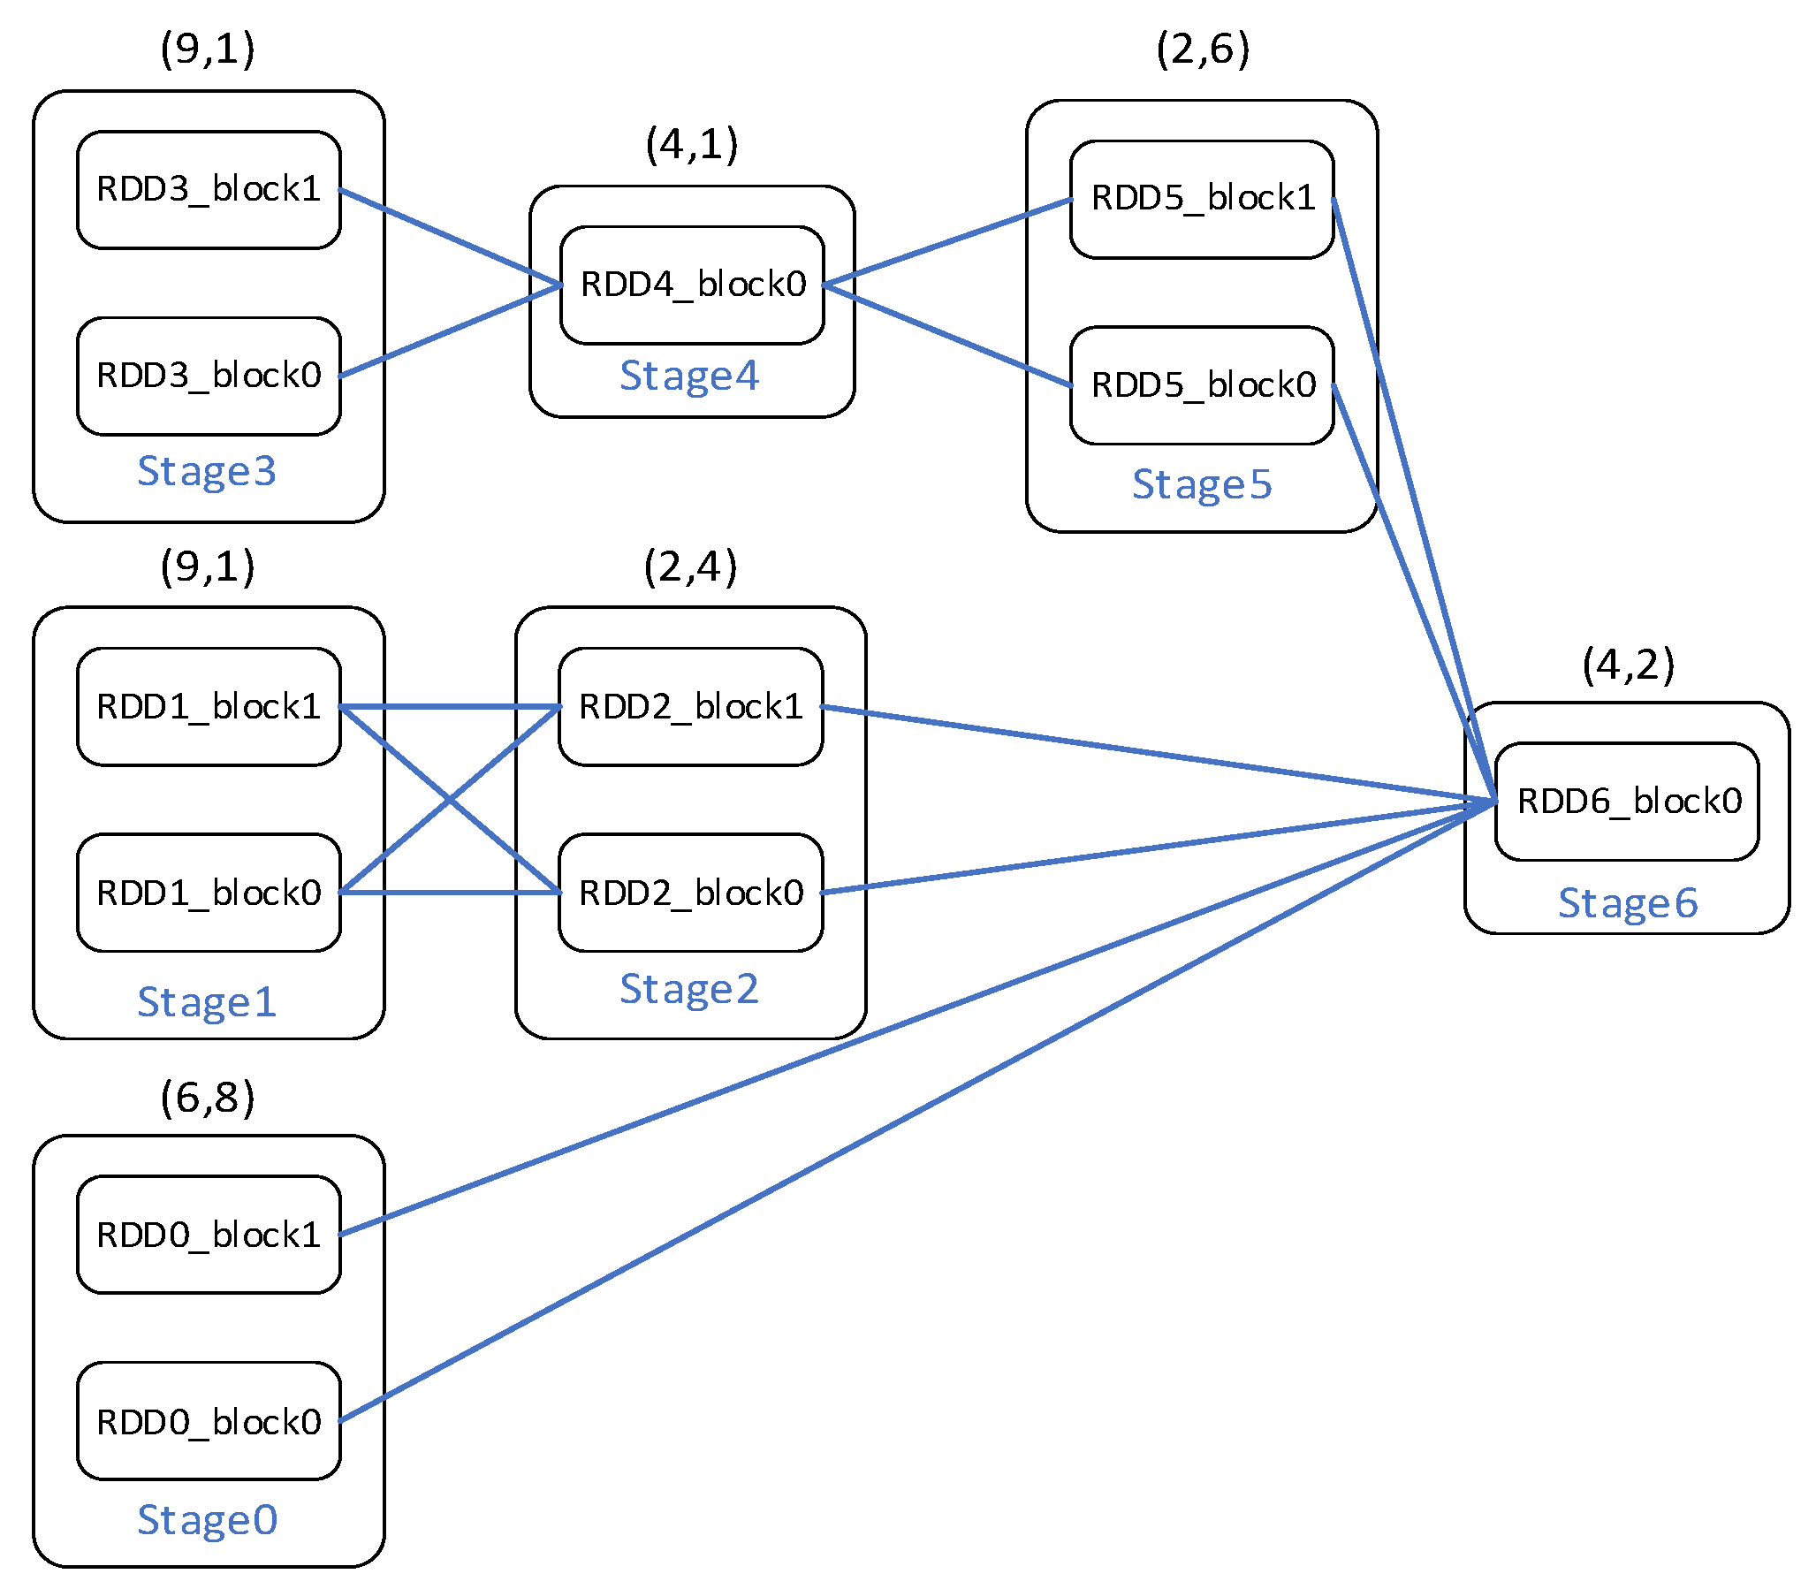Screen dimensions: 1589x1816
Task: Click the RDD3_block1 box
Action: [x=209, y=190]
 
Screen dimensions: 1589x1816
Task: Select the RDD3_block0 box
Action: [x=209, y=376]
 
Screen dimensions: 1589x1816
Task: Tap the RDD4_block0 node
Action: [x=693, y=285]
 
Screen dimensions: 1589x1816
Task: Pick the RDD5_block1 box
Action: [x=1202, y=199]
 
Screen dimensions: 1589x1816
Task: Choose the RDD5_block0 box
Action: [x=1202, y=384]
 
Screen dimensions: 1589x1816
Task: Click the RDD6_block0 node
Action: [x=1627, y=802]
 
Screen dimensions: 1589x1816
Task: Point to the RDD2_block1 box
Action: [x=691, y=707]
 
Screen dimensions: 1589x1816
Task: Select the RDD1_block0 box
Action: [x=209, y=893]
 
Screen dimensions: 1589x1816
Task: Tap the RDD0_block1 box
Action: [x=209, y=1235]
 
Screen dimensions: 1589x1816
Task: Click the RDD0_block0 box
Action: [x=209, y=1420]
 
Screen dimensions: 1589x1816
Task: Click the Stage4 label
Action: [x=689, y=376]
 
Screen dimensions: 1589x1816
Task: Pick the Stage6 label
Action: [x=1628, y=903]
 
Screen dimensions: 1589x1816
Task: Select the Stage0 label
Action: [x=208, y=1520]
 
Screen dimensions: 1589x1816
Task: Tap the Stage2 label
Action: [x=689, y=989]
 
